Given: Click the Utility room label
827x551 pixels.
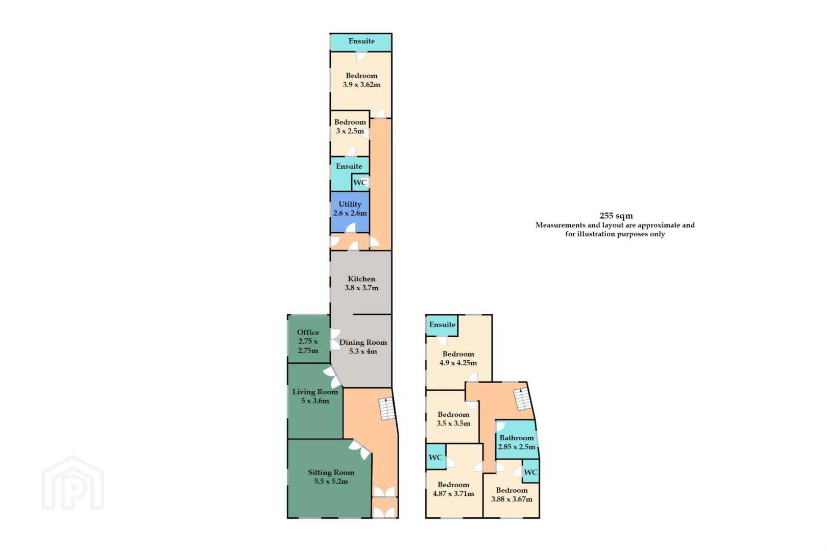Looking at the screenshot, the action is [350, 209].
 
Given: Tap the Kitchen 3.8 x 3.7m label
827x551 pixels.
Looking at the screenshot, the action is [361, 284].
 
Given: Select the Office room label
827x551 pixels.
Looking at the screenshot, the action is [308, 341].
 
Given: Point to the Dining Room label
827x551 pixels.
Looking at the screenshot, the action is [363, 347].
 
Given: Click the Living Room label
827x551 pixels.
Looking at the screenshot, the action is [315, 396].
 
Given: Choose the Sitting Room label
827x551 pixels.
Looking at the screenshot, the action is [331, 477].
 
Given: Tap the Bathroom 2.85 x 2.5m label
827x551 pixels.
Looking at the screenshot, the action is [517, 442].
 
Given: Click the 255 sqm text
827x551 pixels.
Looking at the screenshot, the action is [616, 215].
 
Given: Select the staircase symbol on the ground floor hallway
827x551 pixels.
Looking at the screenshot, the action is [387, 409].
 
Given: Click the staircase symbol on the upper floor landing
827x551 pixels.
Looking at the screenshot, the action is [523, 399].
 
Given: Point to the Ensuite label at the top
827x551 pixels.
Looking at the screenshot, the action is [361, 41].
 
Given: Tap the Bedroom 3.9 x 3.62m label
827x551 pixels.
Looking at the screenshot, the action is [361, 80].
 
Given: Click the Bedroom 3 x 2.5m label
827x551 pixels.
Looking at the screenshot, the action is [350, 127].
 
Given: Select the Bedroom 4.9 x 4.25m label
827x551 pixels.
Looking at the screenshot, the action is [458, 358].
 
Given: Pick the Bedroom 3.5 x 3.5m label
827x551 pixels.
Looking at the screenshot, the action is [453, 419].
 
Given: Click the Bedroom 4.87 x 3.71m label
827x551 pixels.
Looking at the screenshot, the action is [453, 489].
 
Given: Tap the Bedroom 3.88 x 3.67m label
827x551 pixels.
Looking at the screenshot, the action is [512, 494].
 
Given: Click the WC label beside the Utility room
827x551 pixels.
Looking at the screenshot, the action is [360, 182].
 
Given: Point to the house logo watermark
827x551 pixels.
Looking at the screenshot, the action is [72, 483].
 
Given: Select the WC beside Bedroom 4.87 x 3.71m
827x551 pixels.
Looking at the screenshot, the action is [435, 458].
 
